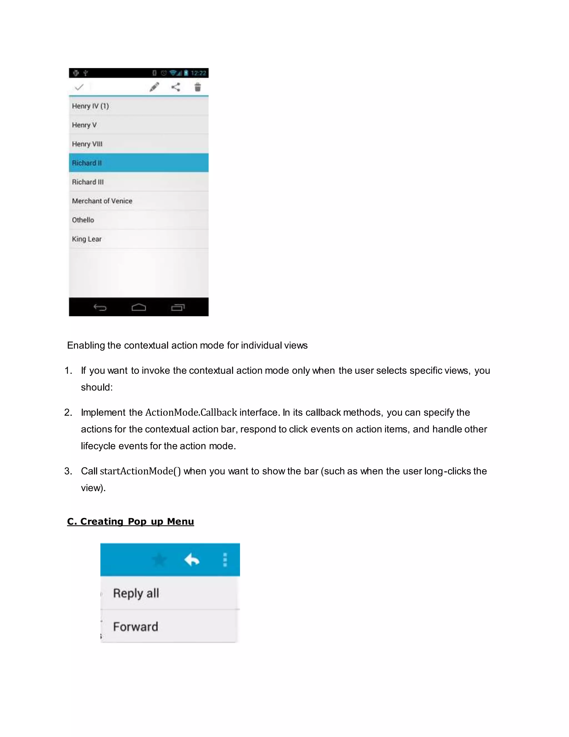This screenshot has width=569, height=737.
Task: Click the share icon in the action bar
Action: [176, 87]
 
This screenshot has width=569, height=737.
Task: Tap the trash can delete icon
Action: [198, 87]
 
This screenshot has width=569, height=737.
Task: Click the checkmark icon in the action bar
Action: [79, 87]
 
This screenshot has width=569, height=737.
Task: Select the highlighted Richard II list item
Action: [139, 163]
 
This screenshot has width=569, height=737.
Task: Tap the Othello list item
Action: [139, 220]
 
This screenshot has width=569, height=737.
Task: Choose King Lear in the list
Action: [139, 239]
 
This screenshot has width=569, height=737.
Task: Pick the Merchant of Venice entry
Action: [139, 201]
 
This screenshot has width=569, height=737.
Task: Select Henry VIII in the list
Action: [139, 144]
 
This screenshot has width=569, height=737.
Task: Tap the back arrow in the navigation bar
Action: [100, 307]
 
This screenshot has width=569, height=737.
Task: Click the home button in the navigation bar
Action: [139, 307]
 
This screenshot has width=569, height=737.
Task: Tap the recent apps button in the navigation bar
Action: [178, 307]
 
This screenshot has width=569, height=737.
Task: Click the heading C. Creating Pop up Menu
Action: [131, 521]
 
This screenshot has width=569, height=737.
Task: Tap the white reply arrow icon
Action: [192, 560]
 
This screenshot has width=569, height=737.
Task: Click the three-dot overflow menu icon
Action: [225, 560]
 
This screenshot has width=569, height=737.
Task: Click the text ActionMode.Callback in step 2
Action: [191, 412]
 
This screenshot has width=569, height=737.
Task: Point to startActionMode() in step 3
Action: [140, 471]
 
